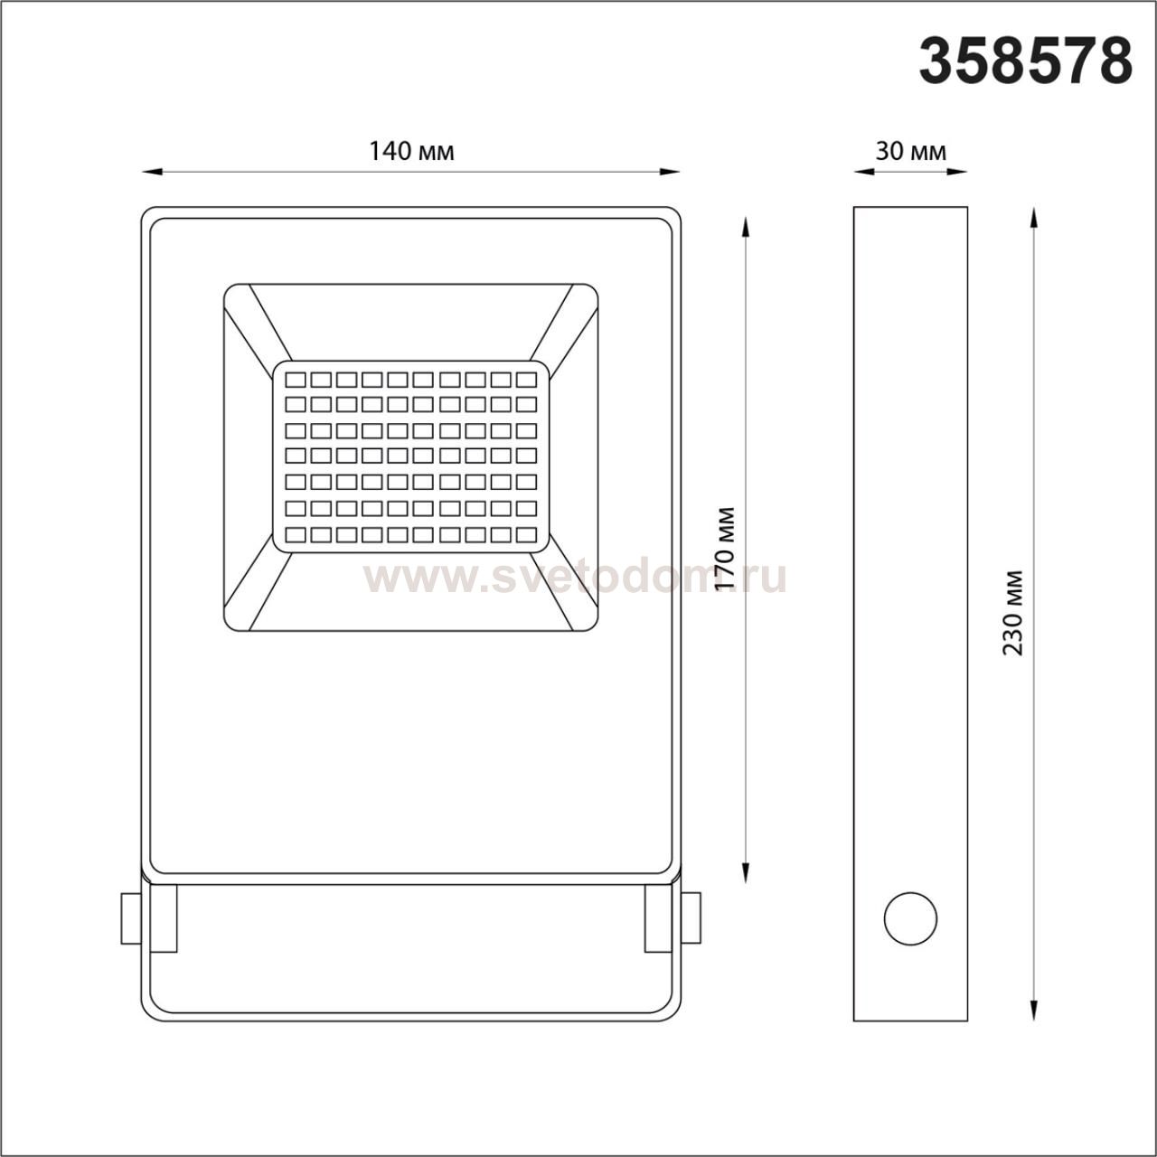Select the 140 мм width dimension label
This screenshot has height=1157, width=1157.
pyautogui.click(x=411, y=151)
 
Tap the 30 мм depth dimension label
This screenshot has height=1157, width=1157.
pyautogui.click(x=910, y=151)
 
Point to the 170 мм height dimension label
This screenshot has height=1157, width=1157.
pyautogui.click(x=726, y=549)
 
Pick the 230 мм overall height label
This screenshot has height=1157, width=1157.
pyautogui.click(x=1013, y=613)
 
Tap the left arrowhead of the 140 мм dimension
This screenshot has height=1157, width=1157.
pyautogui.click(x=152, y=173)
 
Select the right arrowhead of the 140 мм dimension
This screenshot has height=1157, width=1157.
pyautogui.click(x=670, y=173)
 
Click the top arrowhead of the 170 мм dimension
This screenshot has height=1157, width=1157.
pyautogui.click(x=745, y=228)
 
